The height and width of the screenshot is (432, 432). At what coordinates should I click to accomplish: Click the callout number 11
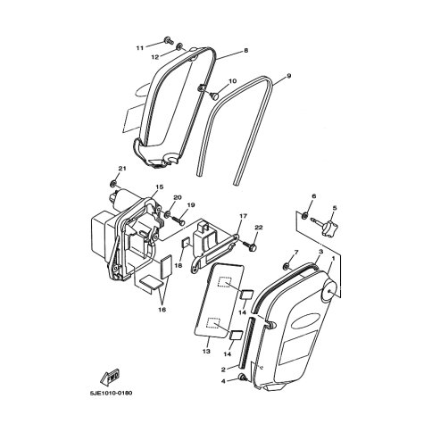140,47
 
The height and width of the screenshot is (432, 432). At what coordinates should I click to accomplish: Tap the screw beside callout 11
169,40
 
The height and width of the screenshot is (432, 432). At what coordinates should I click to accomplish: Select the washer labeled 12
179,46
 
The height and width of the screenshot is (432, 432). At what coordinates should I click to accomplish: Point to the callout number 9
288,77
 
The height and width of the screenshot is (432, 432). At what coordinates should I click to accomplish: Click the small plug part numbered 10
213,96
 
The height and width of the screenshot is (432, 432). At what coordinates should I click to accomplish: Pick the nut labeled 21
113,184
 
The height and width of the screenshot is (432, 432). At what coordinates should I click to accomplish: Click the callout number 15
160,187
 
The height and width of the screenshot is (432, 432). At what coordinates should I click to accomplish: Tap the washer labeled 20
168,213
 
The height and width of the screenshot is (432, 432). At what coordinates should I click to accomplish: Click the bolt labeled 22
250,245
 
